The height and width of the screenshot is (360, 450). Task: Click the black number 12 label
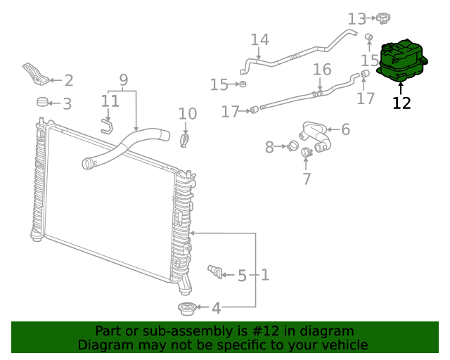click(401, 103)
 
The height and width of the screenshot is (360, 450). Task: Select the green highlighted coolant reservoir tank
click(403, 60)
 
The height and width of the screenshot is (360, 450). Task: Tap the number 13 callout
click(357, 18)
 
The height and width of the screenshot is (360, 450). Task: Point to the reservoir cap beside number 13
click(382, 17)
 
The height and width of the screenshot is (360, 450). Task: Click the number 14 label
click(259, 39)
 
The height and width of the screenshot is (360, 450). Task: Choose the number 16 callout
click(322, 70)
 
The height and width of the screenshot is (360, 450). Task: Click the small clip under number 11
click(106, 126)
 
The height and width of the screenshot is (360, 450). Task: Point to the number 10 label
click(187, 113)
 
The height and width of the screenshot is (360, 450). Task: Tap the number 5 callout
click(242, 276)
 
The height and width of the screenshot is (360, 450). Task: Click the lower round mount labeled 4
click(186, 308)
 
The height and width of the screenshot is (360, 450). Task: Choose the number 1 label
click(265, 274)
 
